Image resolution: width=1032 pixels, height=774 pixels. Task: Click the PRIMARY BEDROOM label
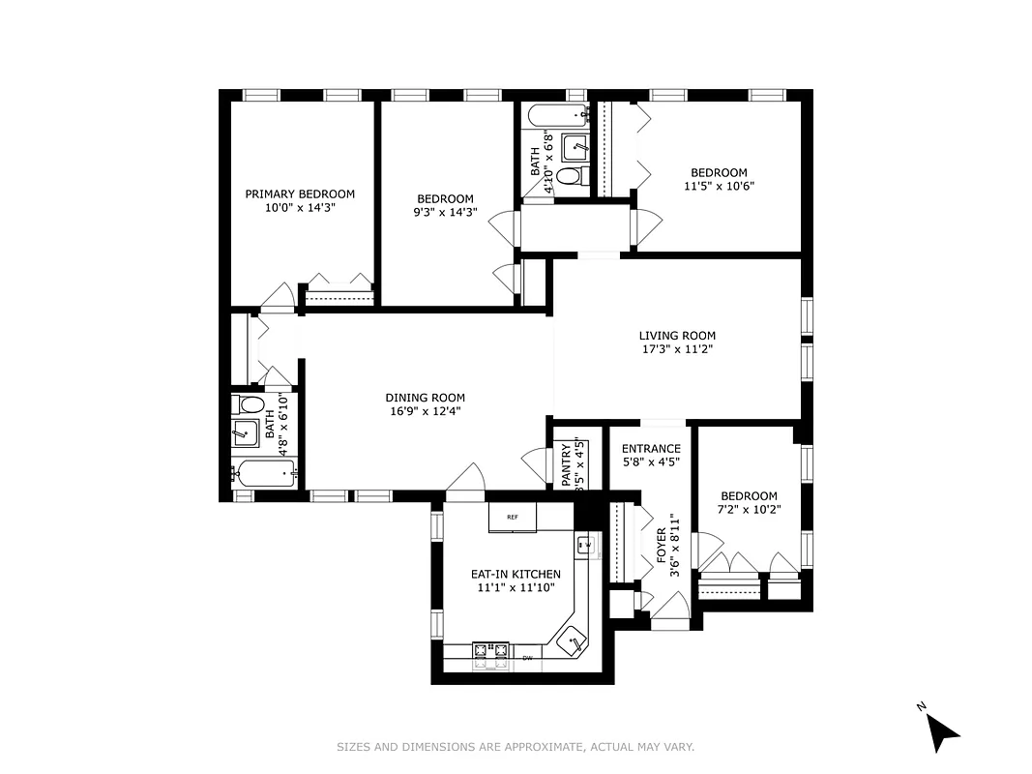point(299,193)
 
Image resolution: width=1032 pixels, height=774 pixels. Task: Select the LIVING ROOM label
point(677,336)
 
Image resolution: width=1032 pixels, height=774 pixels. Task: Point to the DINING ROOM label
point(425,398)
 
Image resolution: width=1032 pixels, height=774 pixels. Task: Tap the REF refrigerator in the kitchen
point(512,518)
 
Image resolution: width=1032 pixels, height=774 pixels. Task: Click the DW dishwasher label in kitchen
point(528,658)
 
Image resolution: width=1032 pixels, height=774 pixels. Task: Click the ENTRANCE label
point(650,449)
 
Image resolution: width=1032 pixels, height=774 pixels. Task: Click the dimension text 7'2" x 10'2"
point(748,510)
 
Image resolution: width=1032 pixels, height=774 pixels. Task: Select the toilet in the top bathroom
point(571,177)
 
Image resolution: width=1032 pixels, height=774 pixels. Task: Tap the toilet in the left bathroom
point(251,404)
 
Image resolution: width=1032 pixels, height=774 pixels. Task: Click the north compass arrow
point(942,729)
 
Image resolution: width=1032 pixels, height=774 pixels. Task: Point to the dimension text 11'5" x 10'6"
point(718,187)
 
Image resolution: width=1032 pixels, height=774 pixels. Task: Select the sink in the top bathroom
point(576,147)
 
